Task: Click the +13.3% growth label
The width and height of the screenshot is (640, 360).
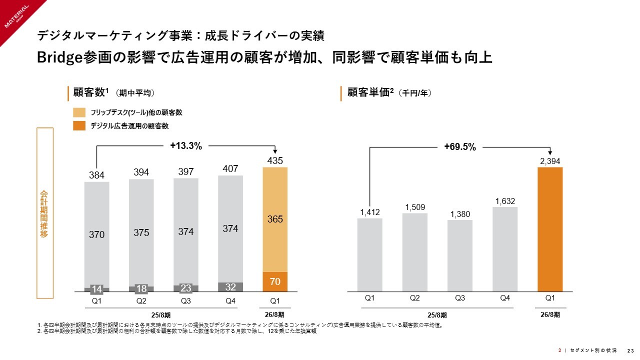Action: point(185,146)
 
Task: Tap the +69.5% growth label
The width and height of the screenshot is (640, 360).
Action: point(459,147)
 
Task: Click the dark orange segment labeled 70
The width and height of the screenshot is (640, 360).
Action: point(275,281)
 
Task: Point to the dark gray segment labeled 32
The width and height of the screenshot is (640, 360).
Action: point(230,287)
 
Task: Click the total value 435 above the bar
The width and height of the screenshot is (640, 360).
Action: point(275,161)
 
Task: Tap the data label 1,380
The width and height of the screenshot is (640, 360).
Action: point(460,214)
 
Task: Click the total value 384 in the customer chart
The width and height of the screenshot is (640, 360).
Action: point(96,175)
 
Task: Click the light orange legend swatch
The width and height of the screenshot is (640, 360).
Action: point(79,112)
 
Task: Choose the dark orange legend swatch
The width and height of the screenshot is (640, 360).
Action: point(79,126)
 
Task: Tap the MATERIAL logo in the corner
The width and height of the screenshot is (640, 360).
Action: point(17,17)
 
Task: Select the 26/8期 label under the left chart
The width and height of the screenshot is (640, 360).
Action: point(274,314)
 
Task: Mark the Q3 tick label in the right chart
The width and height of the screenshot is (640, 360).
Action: point(460,298)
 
